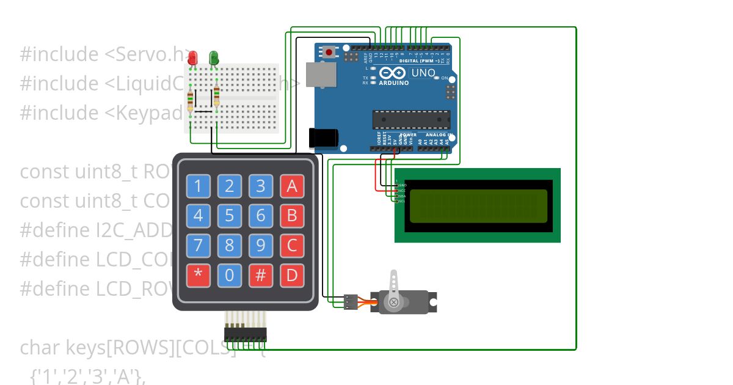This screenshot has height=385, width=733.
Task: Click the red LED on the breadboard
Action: click(192, 58)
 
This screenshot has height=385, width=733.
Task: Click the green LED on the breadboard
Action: click(214, 58)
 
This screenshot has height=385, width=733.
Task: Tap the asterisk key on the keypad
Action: click(198, 275)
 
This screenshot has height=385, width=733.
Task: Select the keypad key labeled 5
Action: click(229, 215)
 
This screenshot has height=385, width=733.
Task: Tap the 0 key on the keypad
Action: click(229, 275)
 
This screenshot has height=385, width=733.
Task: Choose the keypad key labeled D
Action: click(292, 275)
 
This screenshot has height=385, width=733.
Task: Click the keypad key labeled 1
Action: click(198, 185)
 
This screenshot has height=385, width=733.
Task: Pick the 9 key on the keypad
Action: click(261, 245)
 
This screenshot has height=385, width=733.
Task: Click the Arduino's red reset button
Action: click(330, 52)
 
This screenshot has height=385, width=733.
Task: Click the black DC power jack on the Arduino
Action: click(324, 138)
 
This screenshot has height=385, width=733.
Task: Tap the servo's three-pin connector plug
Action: click(350, 301)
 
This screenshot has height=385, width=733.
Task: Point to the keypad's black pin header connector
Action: click(246, 334)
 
